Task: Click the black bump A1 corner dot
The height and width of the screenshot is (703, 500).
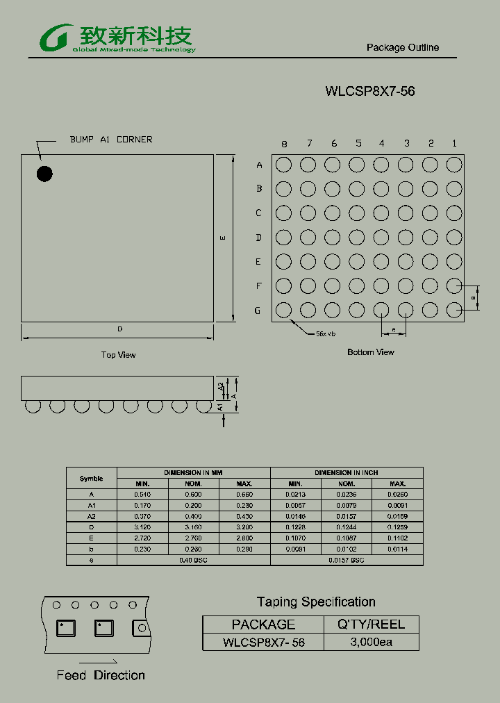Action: pyautogui.click(x=44, y=173)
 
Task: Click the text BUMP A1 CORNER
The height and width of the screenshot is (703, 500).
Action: pyautogui.click(x=111, y=140)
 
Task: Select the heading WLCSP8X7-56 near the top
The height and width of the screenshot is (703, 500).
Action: pyautogui.click(x=370, y=91)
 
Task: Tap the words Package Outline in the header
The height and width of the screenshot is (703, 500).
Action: pyautogui.click(x=403, y=47)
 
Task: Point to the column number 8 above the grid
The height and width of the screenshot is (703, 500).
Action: pyautogui.click(x=284, y=144)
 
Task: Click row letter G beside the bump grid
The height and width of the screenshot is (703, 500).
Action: pyautogui.click(x=258, y=311)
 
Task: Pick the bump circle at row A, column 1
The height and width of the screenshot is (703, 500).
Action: pyautogui.click(x=454, y=165)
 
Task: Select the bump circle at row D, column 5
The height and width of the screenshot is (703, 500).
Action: pyautogui.click(x=357, y=238)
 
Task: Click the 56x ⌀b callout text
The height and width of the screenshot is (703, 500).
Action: pyautogui.click(x=326, y=334)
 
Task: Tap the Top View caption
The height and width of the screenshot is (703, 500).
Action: pyautogui.click(x=119, y=355)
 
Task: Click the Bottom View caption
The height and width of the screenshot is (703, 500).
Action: pyautogui.click(x=371, y=352)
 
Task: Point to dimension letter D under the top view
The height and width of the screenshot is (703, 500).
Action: pyautogui.click(x=119, y=329)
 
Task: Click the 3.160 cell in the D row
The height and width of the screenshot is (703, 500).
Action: pyautogui.click(x=193, y=527)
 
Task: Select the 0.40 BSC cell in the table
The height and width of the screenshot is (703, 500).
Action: pyautogui.click(x=194, y=559)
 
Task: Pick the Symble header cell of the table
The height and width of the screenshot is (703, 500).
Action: pyautogui.click(x=92, y=478)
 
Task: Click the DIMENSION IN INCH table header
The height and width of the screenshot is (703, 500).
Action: pyautogui.click(x=347, y=472)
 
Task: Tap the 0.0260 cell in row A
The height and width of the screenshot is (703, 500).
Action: pyautogui.click(x=397, y=494)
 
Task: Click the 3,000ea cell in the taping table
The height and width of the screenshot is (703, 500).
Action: pyautogui.click(x=372, y=642)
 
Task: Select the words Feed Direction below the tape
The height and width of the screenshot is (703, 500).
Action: pyautogui.click(x=101, y=675)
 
